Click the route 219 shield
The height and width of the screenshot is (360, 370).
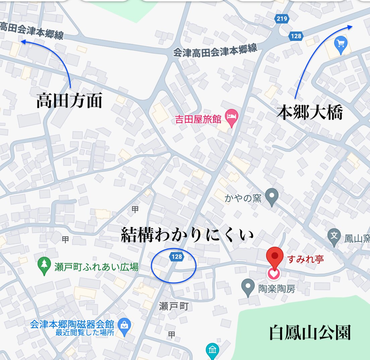pos(282,19)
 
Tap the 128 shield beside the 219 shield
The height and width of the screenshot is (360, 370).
pos(296,36)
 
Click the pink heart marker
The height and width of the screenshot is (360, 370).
pos(274,274)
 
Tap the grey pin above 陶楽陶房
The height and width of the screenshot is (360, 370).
pos(248,287)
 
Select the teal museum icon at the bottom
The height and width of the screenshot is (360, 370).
pos(212,351)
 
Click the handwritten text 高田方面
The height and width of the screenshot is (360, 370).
pos(69,101)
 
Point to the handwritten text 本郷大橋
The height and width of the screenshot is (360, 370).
pos(310,113)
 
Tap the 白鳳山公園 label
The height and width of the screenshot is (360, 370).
pos(310,333)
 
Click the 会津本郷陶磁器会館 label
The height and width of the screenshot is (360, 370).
pos(72,324)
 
